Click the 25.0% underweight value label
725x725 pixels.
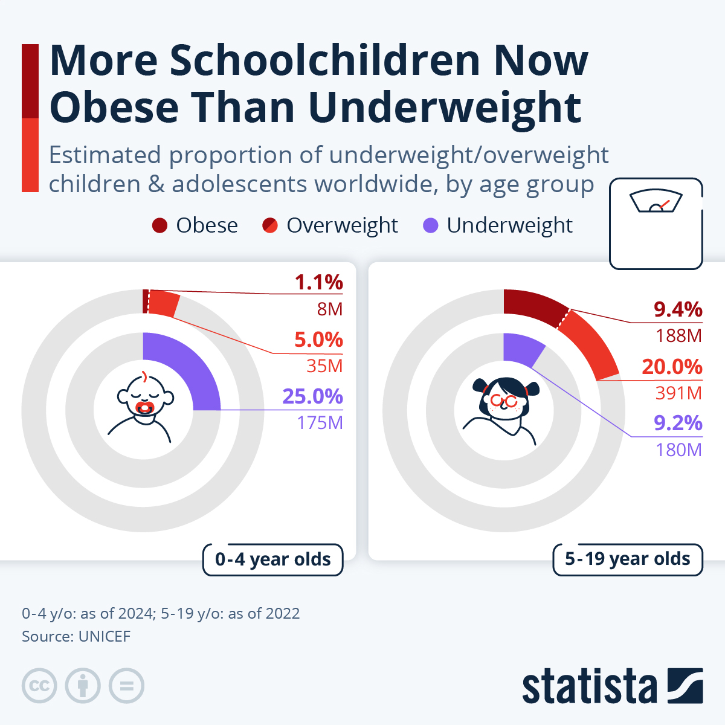(312, 396)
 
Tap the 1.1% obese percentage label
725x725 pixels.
(318, 282)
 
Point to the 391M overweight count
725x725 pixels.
(678, 393)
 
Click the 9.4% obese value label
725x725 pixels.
(678, 309)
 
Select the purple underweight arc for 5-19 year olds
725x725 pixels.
(523, 349)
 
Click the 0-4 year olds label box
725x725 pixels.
(272, 559)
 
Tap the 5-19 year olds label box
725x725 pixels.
(627, 559)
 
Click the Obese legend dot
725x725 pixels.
(159, 226)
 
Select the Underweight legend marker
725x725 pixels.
(431, 226)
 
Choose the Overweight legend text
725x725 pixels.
(342, 225)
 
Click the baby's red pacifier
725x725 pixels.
(145, 408)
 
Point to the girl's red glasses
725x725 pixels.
(503, 401)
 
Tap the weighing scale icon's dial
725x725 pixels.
(656, 203)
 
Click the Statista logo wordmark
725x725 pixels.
(589, 687)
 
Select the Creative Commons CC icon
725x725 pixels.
(39, 686)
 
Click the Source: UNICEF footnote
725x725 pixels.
(76, 636)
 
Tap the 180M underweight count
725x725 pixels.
(678, 450)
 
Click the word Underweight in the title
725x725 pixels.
(444, 107)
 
